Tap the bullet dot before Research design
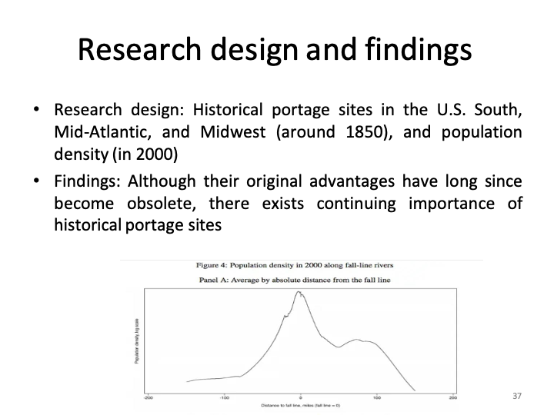(35, 111)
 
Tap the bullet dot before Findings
(35, 183)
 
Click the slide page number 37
(516, 396)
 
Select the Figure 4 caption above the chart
(302, 266)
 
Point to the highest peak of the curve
(299, 293)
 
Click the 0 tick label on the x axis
(301, 397)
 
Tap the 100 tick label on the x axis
(377, 397)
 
